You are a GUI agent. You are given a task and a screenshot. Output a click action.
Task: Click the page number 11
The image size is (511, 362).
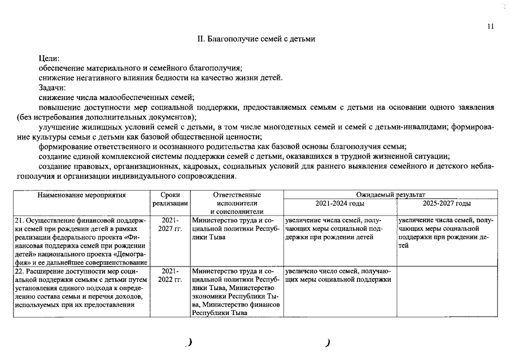[491, 26]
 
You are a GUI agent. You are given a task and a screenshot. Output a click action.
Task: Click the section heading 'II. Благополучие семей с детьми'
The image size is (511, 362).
[256, 39]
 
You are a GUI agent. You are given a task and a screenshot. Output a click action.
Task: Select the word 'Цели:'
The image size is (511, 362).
[49, 58]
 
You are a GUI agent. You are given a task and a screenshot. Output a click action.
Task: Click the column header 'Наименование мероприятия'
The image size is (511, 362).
[81, 195]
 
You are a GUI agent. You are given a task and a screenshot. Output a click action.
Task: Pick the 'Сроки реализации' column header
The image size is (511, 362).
[170, 199]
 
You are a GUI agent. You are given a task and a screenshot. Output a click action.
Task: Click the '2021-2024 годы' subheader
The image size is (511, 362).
[339, 204]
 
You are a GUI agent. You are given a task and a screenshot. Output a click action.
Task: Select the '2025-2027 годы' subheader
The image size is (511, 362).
[446, 204]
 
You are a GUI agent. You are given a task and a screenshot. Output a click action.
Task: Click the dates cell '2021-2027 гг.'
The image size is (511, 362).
[170, 224]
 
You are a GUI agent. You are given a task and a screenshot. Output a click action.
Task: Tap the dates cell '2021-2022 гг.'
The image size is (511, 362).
[170, 275]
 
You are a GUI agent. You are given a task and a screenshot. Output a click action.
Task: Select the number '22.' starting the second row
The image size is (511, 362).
[20, 271]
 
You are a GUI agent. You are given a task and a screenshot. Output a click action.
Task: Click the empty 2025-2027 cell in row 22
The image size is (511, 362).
[446, 291]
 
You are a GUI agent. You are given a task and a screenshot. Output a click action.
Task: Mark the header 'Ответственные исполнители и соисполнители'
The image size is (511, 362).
[236, 203]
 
